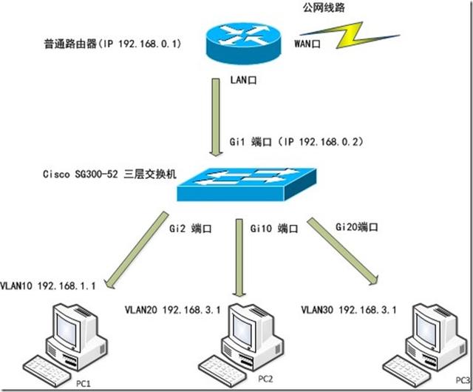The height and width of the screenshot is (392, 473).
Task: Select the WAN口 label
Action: pyautogui.click(x=310, y=44)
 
